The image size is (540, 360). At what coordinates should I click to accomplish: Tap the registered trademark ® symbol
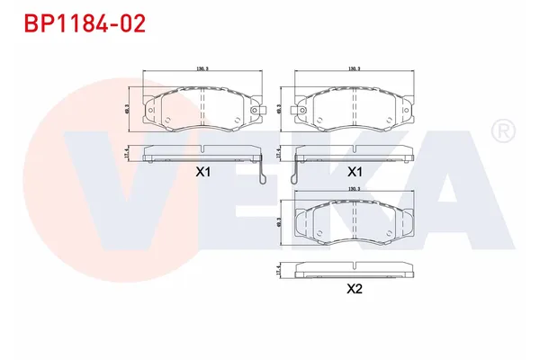tap(502, 132)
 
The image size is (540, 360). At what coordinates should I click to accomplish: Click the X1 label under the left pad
tap(202, 172)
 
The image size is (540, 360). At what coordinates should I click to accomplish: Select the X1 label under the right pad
tap(355, 172)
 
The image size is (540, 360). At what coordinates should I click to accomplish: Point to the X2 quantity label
tap(355, 289)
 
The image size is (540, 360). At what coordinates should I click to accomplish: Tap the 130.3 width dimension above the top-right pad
tap(355, 68)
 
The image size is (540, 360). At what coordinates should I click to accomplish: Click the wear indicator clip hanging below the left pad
tap(260, 171)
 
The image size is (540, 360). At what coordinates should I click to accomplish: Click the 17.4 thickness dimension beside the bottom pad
tap(279, 269)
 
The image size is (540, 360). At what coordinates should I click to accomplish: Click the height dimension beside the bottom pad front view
tap(281, 222)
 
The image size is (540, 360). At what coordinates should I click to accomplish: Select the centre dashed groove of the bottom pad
tap(355, 222)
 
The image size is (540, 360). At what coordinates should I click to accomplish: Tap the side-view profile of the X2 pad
tap(355, 269)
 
